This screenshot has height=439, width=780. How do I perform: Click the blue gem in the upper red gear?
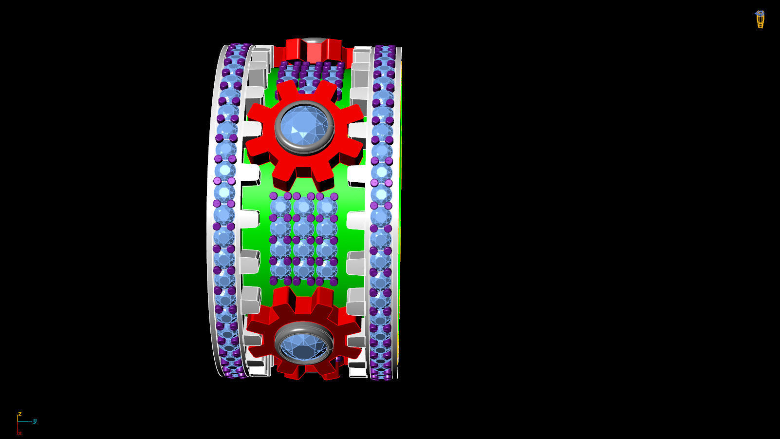pyautogui.click(x=304, y=128)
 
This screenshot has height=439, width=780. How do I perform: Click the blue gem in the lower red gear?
pyautogui.click(x=304, y=347)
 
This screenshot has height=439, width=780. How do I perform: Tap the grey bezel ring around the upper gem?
pyautogui.click(x=279, y=128)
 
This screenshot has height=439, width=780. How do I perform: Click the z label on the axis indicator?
pyautogui.click(x=19, y=414)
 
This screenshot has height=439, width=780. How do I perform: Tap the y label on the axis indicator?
pyautogui.click(x=35, y=421)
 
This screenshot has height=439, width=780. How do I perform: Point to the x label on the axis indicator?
pyautogui.click(x=20, y=433)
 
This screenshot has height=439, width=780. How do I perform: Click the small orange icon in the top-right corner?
pyautogui.click(x=760, y=19)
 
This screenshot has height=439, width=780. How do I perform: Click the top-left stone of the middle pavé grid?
pyautogui.click(x=281, y=207)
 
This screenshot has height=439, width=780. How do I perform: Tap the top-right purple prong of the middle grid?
pyautogui.click(x=334, y=196)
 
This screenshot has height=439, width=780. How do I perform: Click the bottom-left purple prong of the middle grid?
pyautogui.click(x=274, y=281)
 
